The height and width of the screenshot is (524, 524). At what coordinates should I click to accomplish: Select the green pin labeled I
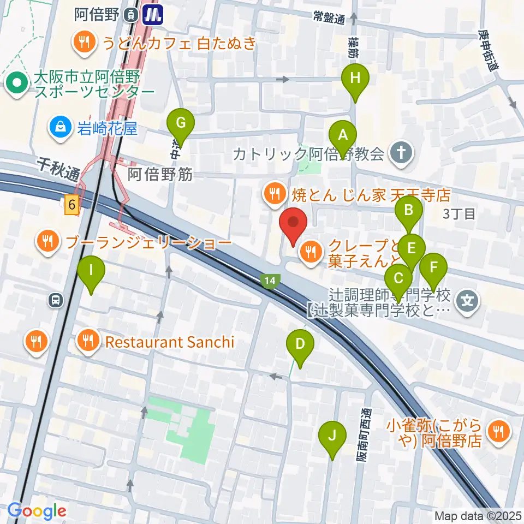click(x=91, y=270)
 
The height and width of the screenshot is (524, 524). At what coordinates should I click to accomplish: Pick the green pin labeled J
click(x=332, y=436)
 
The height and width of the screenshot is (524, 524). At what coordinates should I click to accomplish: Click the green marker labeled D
click(x=300, y=345)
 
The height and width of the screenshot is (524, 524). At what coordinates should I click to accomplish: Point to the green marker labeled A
click(x=343, y=135)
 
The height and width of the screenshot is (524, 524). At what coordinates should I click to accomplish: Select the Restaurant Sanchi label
click(x=169, y=342)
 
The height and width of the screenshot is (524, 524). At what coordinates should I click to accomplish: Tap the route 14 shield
click(x=269, y=281)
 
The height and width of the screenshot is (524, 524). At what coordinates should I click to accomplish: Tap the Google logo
click(x=37, y=511)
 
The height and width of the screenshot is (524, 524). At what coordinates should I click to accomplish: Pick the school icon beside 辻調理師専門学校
click(x=468, y=299)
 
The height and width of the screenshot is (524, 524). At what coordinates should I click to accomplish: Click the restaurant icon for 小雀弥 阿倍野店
click(x=498, y=431)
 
